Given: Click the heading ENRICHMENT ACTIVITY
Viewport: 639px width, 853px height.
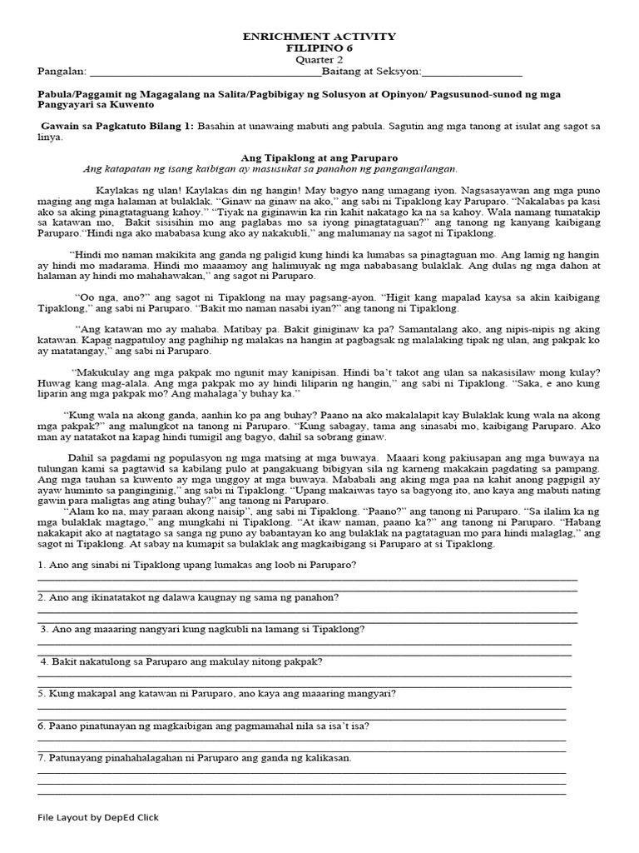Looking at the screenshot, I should (x=319, y=37).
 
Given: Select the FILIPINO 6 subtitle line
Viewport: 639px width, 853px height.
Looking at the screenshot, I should (x=319, y=48).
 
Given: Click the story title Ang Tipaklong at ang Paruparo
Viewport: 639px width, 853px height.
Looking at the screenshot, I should (x=319, y=157).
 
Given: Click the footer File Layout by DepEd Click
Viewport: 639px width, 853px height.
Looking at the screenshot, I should (x=98, y=817).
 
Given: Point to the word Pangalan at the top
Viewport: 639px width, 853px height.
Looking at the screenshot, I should (x=57, y=72).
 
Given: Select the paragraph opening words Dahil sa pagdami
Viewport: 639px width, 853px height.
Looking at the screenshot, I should (x=104, y=457).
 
